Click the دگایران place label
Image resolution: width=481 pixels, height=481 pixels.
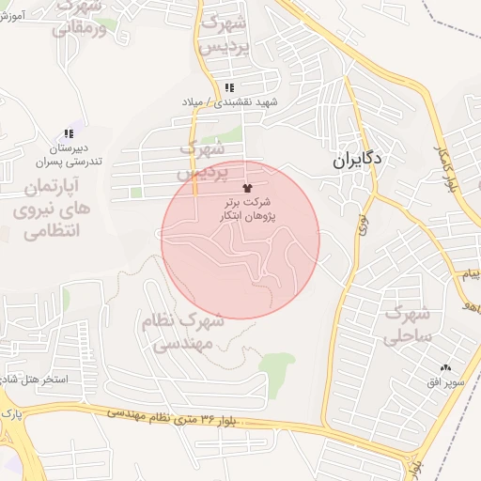[357, 160]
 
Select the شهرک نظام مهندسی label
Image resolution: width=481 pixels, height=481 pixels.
[184, 333]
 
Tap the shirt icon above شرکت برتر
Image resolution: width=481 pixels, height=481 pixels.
[247, 189]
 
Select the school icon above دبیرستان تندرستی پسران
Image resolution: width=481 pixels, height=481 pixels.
[68, 134]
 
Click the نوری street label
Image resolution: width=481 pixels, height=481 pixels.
[363, 224]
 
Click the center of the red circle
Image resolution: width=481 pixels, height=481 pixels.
[240, 240]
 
